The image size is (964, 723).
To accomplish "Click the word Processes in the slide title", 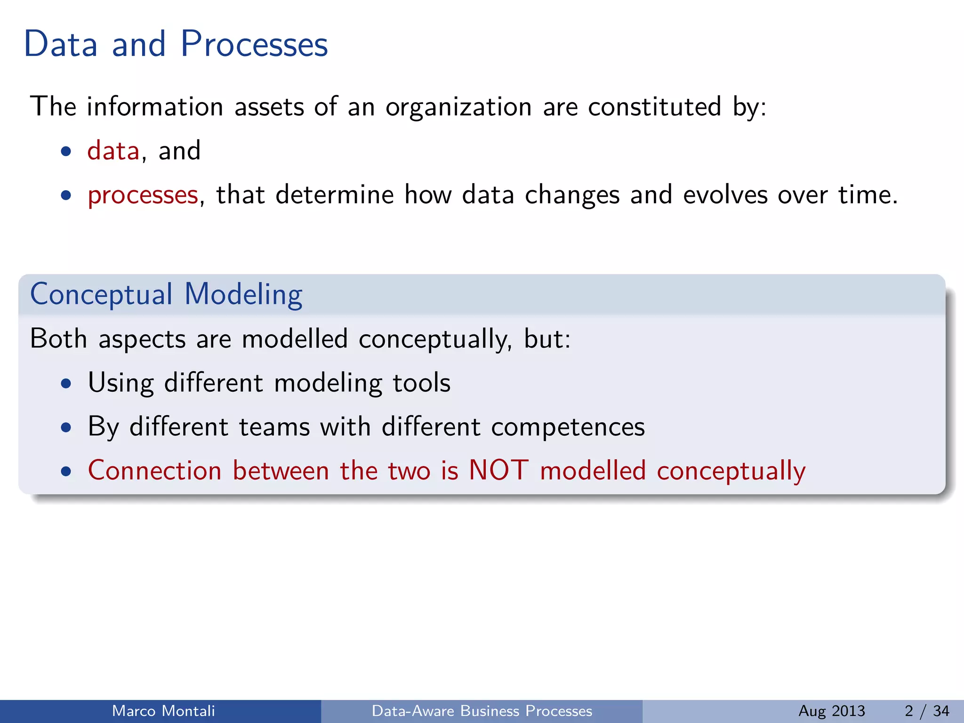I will (x=254, y=44).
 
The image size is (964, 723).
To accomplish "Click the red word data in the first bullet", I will (x=113, y=151).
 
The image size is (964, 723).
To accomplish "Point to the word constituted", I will (x=654, y=106).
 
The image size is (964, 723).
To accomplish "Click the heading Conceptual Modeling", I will (x=166, y=295).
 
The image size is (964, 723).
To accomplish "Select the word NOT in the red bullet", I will (x=499, y=470).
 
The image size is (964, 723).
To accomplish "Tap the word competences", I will (x=568, y=427).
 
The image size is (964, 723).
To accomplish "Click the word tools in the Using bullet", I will (x=421, y=383).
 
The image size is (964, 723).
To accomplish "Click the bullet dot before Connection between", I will (x=66, y=471).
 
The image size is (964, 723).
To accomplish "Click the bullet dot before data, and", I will (x=66, y=152).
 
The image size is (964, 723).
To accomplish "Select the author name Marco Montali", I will (x=163, y=711).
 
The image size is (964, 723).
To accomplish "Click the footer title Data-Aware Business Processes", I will (x=482, y=711).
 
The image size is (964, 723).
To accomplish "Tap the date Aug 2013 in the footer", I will (x=832, y=711).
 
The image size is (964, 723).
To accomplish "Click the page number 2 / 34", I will (x=927, y=711).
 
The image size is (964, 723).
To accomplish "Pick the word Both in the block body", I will (x=58, y=338).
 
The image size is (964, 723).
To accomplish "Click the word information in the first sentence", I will (x=155, y=106).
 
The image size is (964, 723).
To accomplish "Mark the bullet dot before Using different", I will (x=66, y=383).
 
